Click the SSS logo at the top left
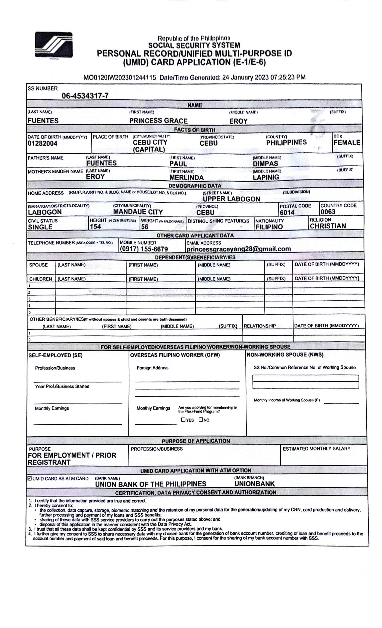54,45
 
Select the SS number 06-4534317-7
85,96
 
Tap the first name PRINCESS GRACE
158,121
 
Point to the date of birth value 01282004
43,143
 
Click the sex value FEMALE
347,143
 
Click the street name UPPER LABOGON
231,199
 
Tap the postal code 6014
287,212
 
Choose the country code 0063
328,212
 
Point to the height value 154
95,226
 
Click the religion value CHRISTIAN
328,226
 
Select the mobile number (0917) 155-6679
144,249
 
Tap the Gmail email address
238,249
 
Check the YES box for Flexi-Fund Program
183,420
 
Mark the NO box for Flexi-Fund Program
201,420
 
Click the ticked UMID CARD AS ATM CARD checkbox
30,478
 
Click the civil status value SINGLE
40,227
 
